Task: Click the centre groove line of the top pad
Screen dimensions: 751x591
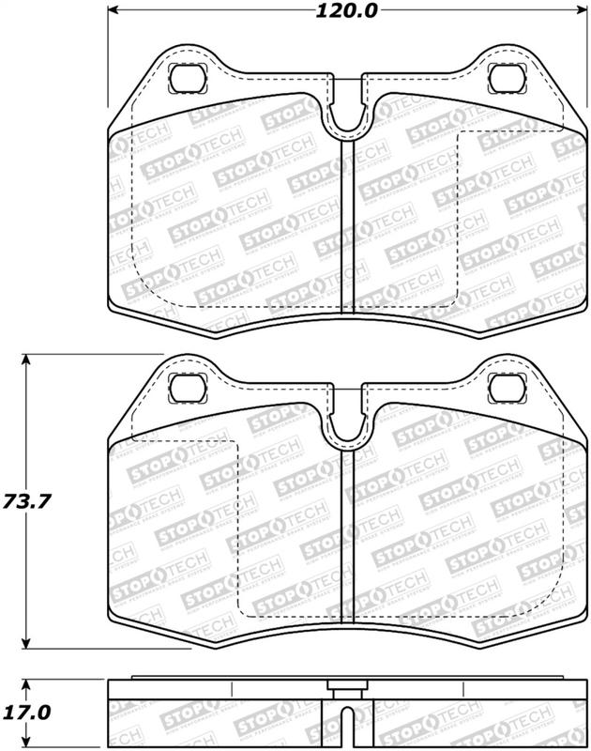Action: (350, 225)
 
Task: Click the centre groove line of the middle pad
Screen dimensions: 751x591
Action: (350, 535)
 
